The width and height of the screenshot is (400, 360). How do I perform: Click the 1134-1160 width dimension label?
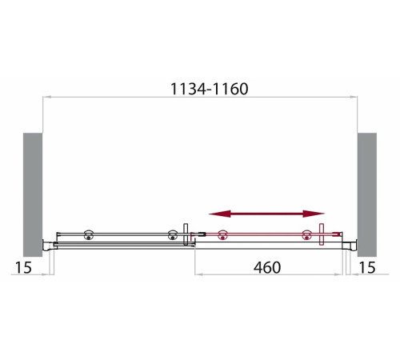pos(210,89)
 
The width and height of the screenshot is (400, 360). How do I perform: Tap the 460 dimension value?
pos(267,267)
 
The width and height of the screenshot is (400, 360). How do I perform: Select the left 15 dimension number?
pos(23,267)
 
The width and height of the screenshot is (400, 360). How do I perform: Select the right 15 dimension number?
pos(367,267)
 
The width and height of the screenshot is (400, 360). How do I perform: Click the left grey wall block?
pos(33,194)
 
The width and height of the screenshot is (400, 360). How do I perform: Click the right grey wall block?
pos(367,194)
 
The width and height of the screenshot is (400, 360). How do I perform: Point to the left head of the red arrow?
pos(220,214)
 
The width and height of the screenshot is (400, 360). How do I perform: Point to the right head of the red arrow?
pos(314,214)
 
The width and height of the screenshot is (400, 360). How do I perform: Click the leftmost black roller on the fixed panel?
pos(88,235)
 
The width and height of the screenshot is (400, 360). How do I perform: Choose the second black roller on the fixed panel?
pos(172,235)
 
